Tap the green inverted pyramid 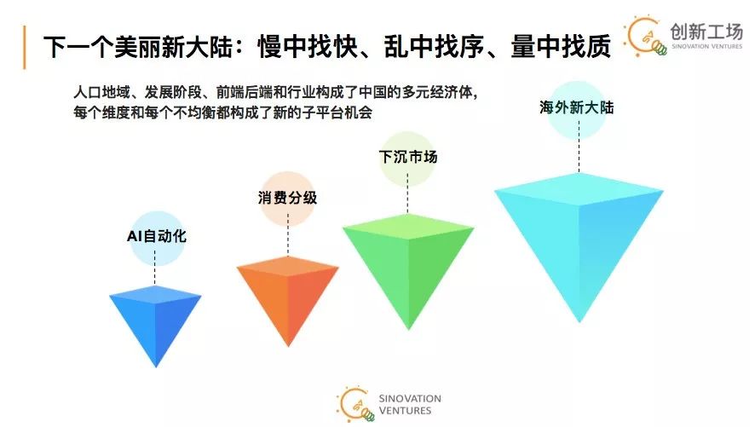point(408,256)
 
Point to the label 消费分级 point(287,198)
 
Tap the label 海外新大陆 point(577,108)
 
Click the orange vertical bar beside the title point(25,45)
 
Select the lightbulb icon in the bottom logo point(355,404)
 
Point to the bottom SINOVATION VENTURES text point(412,404)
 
